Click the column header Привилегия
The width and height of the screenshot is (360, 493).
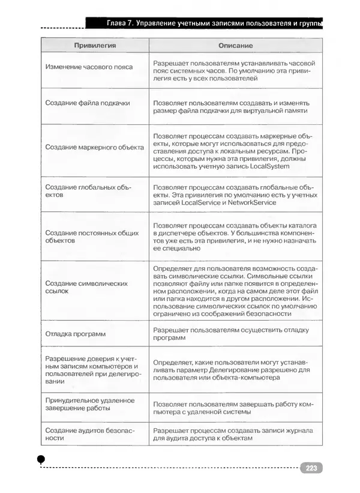94,46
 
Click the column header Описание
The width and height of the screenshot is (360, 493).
235,46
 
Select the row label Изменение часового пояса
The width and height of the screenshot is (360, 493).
89,67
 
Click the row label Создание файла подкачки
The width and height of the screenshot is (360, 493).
88,103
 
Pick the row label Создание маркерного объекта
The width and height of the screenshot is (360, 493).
94,147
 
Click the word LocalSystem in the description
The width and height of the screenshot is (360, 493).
265,166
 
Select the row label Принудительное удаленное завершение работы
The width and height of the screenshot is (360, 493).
89,404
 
